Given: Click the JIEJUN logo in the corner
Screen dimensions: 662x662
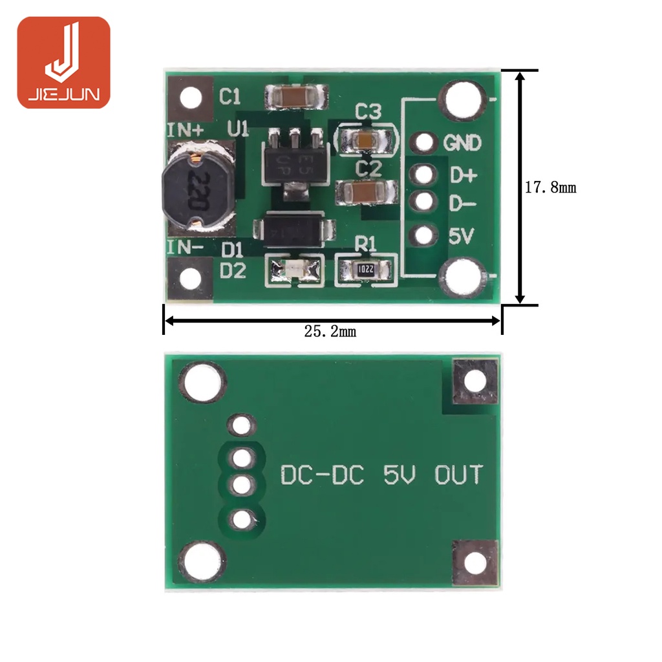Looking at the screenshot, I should click(x=63, y=62).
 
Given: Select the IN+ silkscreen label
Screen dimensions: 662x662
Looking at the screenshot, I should click(x=186, y=130).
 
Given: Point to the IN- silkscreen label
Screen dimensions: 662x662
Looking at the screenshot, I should click(x=186, y=247).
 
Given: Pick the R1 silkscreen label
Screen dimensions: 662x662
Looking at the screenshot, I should click(x=366, y=244).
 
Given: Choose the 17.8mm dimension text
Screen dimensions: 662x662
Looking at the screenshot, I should click(x=550, y=188).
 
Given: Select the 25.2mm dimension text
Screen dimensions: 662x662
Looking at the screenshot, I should click(x=330, y=332).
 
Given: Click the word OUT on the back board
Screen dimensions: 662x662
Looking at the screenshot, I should click(x=458, y=476).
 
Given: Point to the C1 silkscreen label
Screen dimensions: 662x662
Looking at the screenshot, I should click(x=230, y=97).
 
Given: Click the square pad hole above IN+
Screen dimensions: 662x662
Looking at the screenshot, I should click(x=190, y=98).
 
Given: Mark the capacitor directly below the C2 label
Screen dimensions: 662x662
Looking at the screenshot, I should click(x=367, y=192).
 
